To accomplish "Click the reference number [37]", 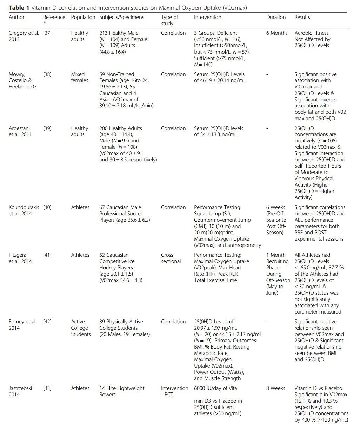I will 47,33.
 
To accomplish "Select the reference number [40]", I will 47,207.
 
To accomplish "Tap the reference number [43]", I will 47,388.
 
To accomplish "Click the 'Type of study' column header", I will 169,20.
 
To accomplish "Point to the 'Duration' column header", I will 276,17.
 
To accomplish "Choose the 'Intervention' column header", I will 208,17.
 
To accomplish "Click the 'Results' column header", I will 302,17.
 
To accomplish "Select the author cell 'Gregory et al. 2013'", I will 24,36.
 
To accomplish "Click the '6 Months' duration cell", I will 277,33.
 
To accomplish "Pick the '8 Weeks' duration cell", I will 275,388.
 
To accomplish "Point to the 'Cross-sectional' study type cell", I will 171,258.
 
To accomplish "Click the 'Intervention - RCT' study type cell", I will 174,391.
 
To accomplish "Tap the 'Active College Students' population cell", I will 81,328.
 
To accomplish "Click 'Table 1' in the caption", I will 19,7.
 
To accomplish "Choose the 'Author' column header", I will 16,17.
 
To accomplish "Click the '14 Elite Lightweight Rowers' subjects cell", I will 122,391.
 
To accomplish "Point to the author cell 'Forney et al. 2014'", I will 22,325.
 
